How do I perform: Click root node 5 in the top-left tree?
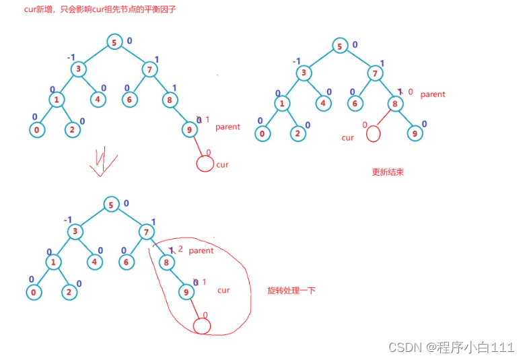tap(114, 42)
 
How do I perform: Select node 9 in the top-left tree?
tap(189, 129)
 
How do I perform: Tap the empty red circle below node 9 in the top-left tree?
tap(205, 164)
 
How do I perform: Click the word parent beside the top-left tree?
tap(228, 127)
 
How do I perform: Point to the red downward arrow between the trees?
tap(102, 161)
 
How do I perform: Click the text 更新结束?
tap(388, 172)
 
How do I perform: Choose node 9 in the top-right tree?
tap(415, 133)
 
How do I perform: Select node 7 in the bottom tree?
tap(146, 232)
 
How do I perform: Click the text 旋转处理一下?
tap(291, 291)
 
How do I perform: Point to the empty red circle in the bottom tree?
tap(202, 326)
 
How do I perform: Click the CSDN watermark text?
tap(452, 347)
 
